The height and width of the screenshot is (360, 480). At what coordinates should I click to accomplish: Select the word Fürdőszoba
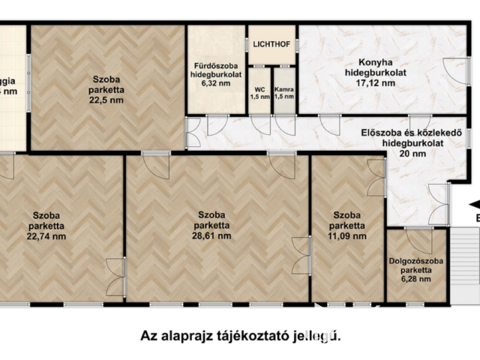point(216,65)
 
